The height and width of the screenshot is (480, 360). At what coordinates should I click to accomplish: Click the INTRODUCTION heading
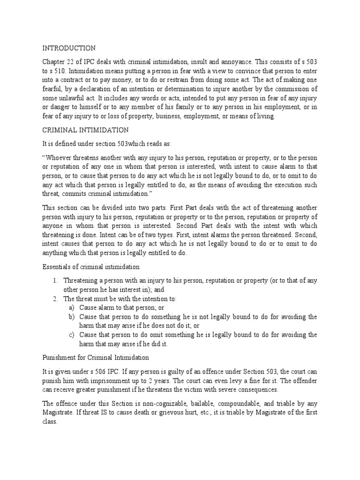pyautogui.click(x=69, y=48)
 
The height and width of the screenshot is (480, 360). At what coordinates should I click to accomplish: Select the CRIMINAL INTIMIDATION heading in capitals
pyautogui.click(x=85, y=129)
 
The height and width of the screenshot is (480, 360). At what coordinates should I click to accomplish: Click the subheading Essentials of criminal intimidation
pyautogui.click(x=91, y=267)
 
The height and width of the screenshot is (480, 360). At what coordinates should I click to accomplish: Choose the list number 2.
pyautogui.click(x=55, y=299)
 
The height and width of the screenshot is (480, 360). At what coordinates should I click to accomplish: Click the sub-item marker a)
pyautogui.click(x=71, y=308)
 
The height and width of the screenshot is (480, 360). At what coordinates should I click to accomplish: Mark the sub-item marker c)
pyautogui.click(x=71, y=335)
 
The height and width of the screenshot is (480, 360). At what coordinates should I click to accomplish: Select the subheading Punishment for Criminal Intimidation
pyautogui.click(x=96, y=357)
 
